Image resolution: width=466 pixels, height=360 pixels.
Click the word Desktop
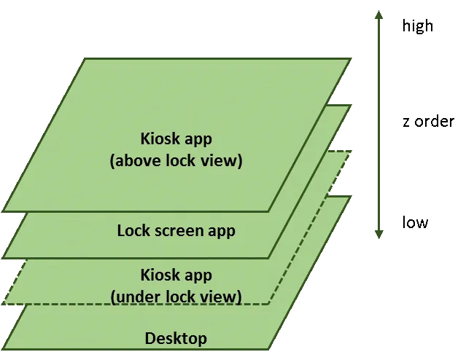click(x=175, y=338)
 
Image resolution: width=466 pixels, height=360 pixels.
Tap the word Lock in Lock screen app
click(x=133, y=231)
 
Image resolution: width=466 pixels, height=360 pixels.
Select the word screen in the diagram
click(x=180, y=231)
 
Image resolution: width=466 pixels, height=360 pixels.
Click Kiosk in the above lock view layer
click(x=160, y=138)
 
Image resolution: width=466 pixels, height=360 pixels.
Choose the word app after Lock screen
click(x=222, y=231)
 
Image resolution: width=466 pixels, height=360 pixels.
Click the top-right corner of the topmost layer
click(x=349, y=58)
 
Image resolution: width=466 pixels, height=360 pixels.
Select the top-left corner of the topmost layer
click(x=86, y=58)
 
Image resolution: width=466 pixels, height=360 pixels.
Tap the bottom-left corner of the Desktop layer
click(x=4, y=348)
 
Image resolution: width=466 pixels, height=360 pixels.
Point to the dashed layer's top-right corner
click(x=349, y=152)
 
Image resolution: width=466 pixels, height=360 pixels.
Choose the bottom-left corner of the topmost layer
click(x=4, y=211)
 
